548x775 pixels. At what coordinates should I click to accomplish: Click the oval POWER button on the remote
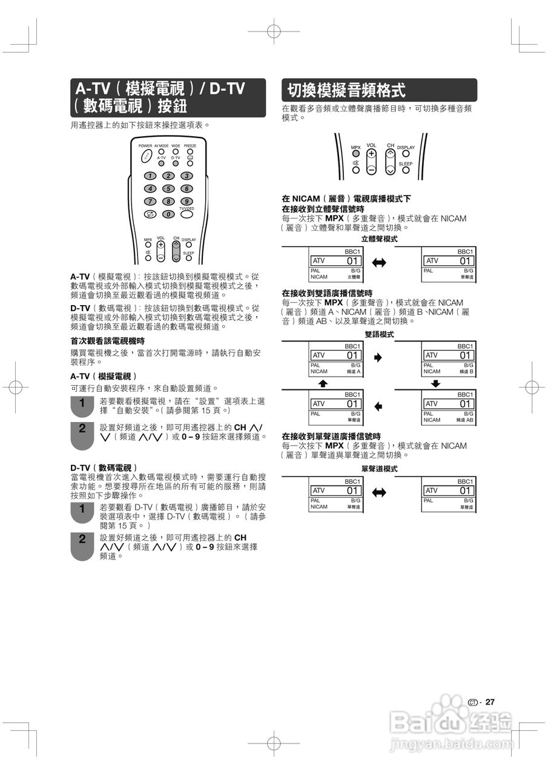[147, 156]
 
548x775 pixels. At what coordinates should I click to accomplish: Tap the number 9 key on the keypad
[187, 201]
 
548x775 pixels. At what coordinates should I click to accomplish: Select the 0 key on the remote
[168, 214]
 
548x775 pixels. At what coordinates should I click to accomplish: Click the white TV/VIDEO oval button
[187, 214]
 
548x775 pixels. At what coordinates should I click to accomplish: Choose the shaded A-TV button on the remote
[161, 163]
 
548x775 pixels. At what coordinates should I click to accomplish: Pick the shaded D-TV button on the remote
[176, 163]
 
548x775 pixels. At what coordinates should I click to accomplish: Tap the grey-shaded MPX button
[356, 154]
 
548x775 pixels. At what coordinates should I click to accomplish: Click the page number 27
[490, 702]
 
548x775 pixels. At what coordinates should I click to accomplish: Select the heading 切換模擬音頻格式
[346, 91]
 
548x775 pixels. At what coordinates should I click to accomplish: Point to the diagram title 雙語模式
[379, 334]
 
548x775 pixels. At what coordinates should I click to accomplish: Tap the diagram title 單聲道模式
[379, 469]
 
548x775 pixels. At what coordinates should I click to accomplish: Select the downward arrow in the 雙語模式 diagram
[435, 383]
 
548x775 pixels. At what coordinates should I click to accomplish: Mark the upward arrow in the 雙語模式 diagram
[323, 383]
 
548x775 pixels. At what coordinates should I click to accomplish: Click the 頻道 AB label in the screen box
[465, 420]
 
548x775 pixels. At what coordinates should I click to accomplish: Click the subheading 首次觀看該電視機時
[108, 341]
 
